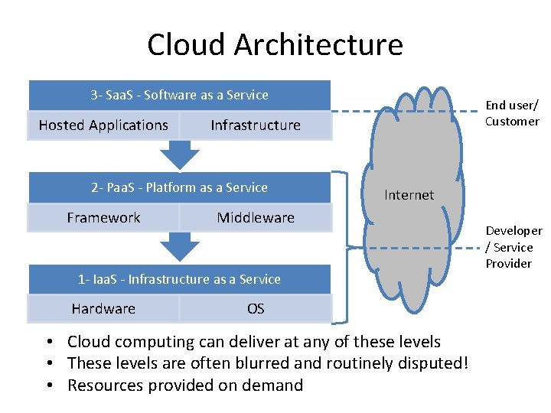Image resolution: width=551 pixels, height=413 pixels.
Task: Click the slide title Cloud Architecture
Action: click(275, 44)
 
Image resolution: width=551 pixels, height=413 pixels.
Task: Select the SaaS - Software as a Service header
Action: click(179, 96)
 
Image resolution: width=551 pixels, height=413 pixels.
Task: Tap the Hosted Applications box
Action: click(103, 125)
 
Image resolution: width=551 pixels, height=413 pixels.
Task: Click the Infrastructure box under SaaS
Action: click(256, 125)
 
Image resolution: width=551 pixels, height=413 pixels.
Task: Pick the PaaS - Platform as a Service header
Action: click(179, 187)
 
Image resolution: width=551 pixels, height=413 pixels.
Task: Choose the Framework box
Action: click(103, 218)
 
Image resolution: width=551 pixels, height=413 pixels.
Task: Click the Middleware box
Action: click(256, 218)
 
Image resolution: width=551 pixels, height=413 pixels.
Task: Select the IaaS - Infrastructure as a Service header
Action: click(179, 279)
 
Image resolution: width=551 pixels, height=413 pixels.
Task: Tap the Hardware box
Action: click(103, 309)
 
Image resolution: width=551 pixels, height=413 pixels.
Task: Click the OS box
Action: click(256, 309)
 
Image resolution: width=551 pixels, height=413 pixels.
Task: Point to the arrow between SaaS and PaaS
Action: click(179, 155)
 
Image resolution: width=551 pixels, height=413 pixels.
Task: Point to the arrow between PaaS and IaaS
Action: click(179, 248)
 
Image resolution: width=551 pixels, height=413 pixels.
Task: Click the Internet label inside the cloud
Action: click(409, 195)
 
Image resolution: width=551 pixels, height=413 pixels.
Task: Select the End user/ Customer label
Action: click(512, 113)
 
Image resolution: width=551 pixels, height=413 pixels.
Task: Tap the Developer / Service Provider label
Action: click(514, 247)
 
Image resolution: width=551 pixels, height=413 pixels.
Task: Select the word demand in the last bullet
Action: click(273, 385)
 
